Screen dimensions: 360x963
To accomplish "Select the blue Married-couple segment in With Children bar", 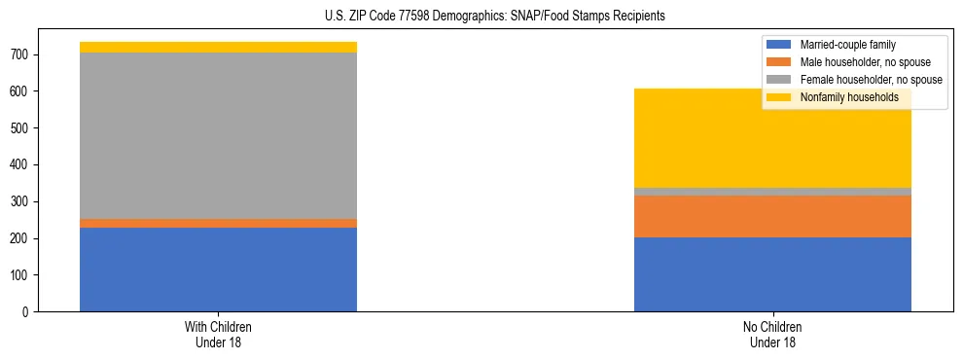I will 218,270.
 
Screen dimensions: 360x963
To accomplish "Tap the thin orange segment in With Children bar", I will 218,224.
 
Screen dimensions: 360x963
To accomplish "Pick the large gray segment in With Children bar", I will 218,135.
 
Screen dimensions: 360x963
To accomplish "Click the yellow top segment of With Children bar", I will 218,47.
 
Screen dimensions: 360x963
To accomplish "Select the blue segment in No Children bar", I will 772,274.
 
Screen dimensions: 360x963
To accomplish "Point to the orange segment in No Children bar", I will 772,216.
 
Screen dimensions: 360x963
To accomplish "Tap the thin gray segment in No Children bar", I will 772,192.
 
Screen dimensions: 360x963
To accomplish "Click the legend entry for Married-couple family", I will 847,45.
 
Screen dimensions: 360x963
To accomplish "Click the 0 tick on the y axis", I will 25,312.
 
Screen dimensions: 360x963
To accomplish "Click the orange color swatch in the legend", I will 779,62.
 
